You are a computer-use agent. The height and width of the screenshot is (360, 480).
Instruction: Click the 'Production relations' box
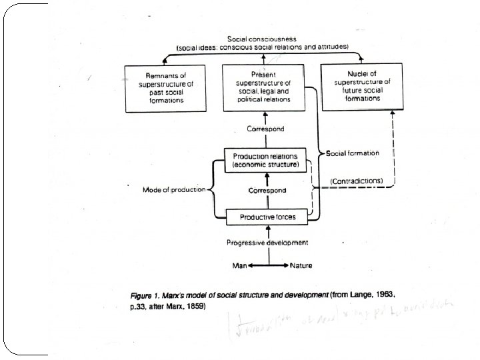265,160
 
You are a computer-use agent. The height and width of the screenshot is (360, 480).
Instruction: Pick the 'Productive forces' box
265,217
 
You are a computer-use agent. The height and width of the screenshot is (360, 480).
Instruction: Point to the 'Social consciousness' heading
265,39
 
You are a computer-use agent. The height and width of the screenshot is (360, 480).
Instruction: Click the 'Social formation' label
353,153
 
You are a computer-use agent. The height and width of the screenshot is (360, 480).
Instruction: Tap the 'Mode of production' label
174,190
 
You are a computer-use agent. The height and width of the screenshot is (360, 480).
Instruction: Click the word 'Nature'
301,265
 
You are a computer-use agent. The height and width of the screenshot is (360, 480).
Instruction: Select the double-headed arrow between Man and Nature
268,265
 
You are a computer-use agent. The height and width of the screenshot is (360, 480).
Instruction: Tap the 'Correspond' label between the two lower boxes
267,190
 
